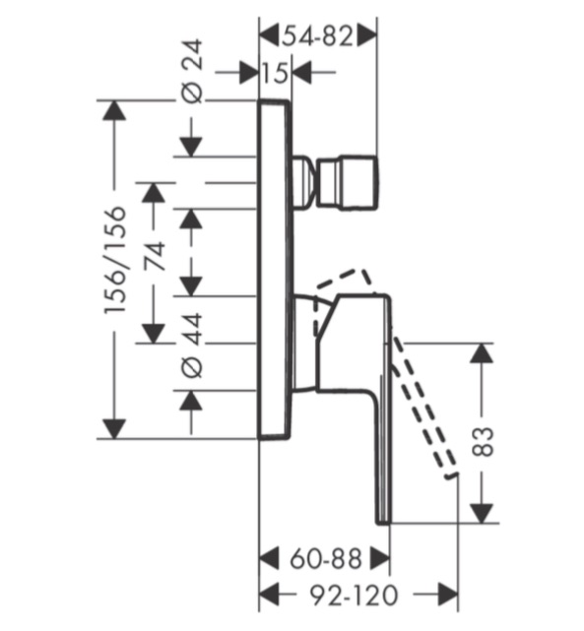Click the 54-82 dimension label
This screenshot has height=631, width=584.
coord(317,36)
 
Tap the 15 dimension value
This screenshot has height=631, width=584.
coord(275,73)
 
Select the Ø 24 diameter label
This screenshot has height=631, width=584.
coord(192,71)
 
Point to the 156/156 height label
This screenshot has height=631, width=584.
coord(115,260)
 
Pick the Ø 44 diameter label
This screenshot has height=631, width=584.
coord(192,347)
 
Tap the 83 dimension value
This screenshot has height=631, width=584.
coord(483,441)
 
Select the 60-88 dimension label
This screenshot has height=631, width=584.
coord(326,559)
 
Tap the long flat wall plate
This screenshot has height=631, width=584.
coord(274,269)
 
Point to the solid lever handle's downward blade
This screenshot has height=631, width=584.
coord(382,455)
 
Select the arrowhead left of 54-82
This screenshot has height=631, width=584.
coord(269,36)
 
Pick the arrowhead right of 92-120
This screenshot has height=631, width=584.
coord(447,594)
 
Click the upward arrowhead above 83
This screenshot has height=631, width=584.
coord(483,353)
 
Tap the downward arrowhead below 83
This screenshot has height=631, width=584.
coord(483,514)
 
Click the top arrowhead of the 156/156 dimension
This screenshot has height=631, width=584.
coord(114,110)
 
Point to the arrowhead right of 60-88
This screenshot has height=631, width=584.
coord(380,558)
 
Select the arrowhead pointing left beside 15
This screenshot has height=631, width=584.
coord(302,73)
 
